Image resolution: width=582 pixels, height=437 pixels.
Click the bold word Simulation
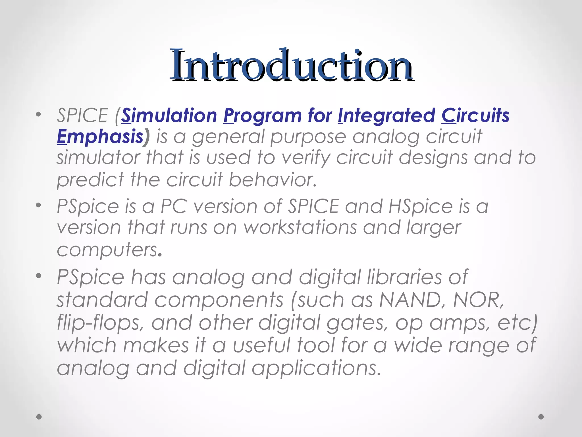(x=169, y=116)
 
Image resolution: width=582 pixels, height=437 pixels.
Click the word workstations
(x=300, y=228)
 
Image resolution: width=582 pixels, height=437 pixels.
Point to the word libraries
(x=404, y=277)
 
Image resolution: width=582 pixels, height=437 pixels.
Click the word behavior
(x=272, y=180)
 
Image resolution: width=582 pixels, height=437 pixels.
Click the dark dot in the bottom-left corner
(x=39, y=417)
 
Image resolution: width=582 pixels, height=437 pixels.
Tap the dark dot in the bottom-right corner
(x=541, y=417)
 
